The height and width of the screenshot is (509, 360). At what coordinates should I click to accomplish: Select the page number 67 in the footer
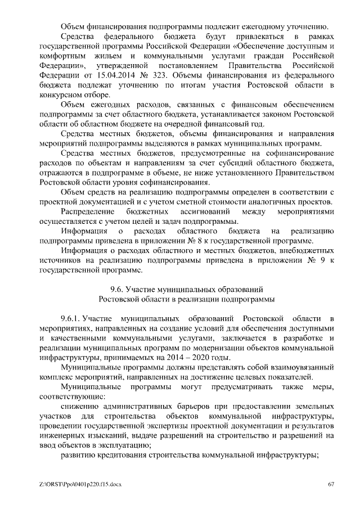point(331,484)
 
